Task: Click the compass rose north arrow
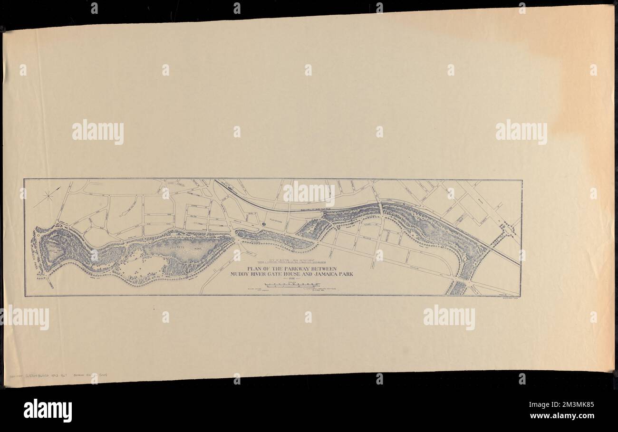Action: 49,195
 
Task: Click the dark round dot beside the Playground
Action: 263,222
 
